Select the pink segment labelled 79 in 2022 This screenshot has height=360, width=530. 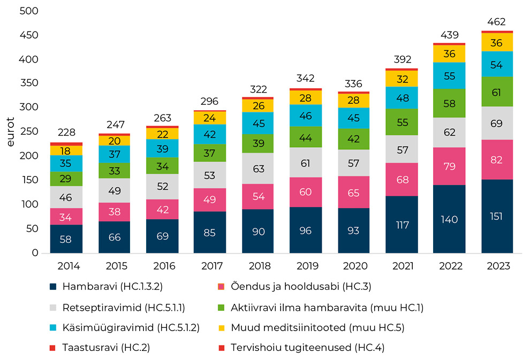coord(449,166)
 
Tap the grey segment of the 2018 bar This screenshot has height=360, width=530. coord(258,169)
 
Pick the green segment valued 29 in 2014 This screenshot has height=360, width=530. coord(66,179)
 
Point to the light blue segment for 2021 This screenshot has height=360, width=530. coord(402,98)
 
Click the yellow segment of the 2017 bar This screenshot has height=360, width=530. coord(210,118)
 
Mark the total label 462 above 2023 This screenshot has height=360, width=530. coord(497,22)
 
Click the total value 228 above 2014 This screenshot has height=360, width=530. coord(66,133)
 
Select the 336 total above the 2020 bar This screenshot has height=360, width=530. coord(354,84)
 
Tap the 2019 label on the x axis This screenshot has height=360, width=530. coord(306,266)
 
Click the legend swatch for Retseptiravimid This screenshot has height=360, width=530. coord(52,308)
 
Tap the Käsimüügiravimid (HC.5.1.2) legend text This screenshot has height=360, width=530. coord(131,327)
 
